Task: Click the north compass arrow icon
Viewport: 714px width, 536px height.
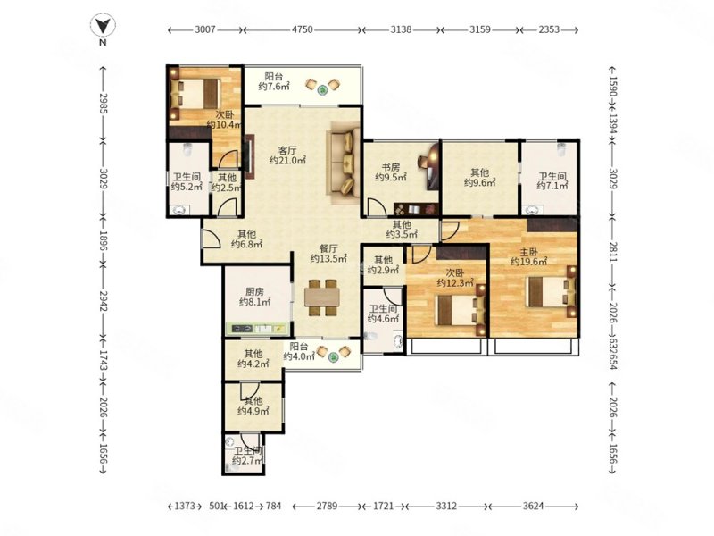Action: pos(103,26)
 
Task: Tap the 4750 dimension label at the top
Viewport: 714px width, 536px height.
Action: pos(302,29)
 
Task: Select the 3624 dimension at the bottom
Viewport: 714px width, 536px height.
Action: pos(533,506)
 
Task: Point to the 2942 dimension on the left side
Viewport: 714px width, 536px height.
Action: pos(103,302)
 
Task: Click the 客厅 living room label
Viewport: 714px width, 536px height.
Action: pos(287,150)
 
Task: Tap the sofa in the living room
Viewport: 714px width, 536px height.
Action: pos(343,163)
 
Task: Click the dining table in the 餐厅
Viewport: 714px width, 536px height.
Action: pos(322,297)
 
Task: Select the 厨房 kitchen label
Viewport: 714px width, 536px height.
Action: pos(254,292)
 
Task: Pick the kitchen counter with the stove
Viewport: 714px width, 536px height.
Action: pos(257,329)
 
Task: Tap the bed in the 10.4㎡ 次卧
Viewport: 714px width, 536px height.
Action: pos(195,94)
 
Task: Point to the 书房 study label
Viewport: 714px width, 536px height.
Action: pos(391,168)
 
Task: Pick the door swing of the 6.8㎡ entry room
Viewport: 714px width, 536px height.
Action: pos(211,238)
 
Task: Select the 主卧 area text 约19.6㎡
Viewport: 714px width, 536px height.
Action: pos(528,262)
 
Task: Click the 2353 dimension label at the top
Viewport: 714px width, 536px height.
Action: pos(549,29)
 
